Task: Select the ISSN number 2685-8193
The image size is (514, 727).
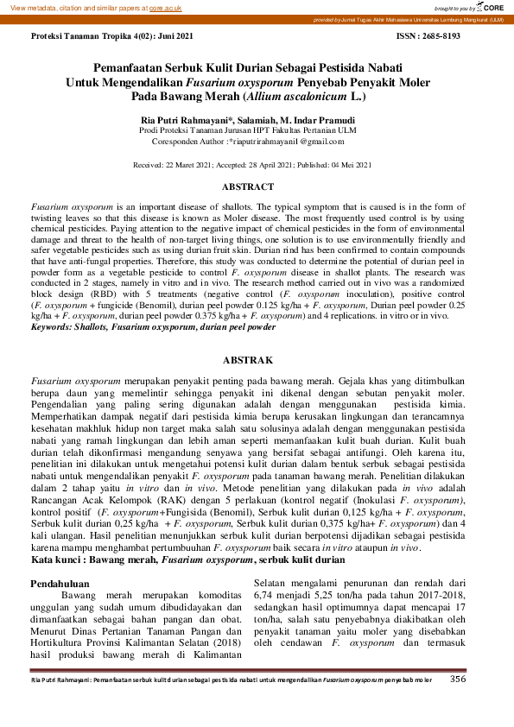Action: (x=440, y=37)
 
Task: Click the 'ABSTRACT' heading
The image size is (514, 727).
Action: (x=248, y=186)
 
